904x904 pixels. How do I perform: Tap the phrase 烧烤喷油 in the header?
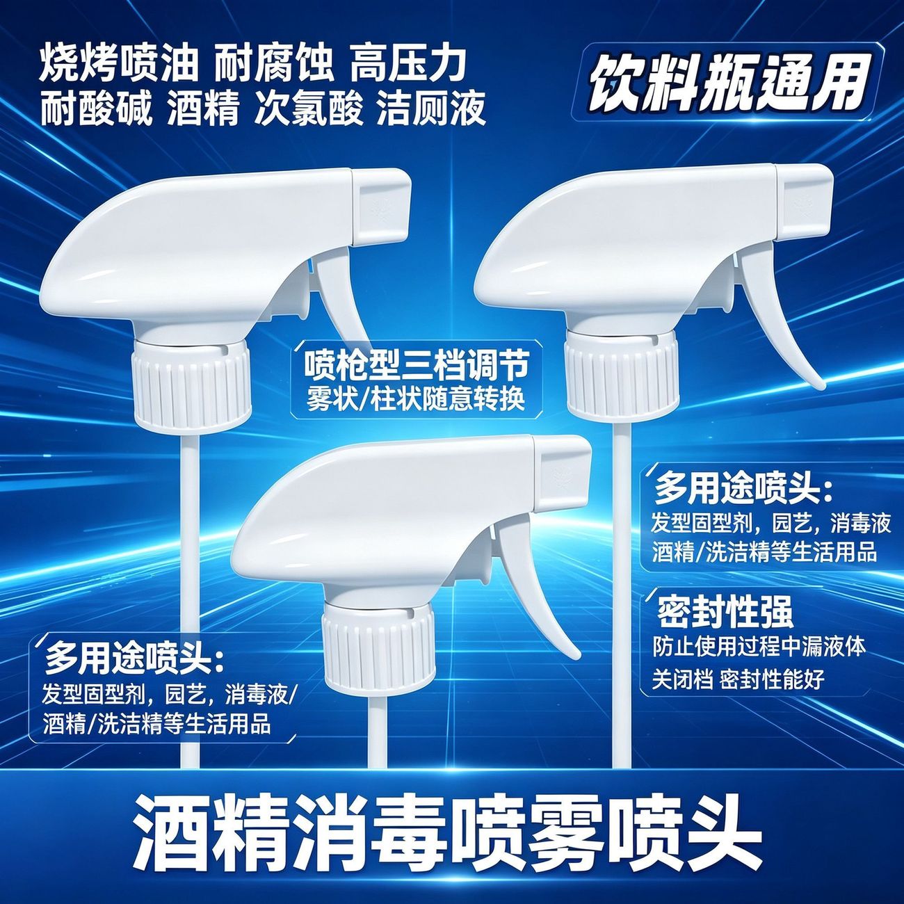(x=120, y=65)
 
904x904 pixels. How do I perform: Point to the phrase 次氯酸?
(x=309, y=109)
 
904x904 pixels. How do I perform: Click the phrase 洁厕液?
(x=431, y=109)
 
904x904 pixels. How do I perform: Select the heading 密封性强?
(x=725, y=612)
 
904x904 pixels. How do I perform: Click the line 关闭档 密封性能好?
(x=738, y=679)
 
